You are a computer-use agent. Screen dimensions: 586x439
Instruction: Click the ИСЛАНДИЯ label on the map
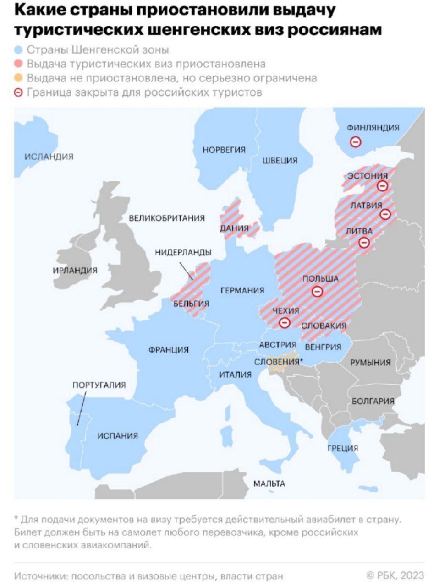[x=49, y=157]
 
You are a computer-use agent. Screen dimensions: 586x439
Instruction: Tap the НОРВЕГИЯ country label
[x=224, y=150]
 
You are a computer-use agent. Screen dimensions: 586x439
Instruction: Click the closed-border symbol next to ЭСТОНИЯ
[x=382, y=185]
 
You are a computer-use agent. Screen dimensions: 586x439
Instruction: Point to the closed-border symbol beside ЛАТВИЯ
[x=386, y=214]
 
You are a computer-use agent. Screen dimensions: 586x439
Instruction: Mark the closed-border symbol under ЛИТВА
[x=364, y=242]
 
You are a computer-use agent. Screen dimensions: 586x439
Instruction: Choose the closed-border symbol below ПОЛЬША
[x=317, y=291]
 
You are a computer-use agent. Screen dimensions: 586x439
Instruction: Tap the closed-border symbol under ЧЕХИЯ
[x=285, y=323]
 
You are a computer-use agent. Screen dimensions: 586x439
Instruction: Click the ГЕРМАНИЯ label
[x=242, y=290]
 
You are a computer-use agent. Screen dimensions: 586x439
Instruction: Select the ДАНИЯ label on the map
[x=234, y=228]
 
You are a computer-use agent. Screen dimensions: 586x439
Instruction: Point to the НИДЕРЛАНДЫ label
[x=183, y=252]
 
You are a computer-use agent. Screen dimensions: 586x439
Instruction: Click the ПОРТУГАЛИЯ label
[x=99, y=385]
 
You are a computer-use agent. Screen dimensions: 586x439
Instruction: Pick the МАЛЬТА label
[x=269, y=483]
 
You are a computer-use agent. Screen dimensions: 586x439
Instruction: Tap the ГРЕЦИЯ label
[x=343, y=448]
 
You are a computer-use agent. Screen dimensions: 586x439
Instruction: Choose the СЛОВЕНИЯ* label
[x=278, y=362]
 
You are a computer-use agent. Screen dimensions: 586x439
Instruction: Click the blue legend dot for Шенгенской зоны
[x=19, y=49]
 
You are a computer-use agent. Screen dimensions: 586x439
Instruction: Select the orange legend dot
[x=19, y=78]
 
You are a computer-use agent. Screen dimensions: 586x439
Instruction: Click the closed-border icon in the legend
[x=19, y=92]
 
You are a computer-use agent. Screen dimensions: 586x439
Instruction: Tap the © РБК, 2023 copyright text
[x=395, y=575]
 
